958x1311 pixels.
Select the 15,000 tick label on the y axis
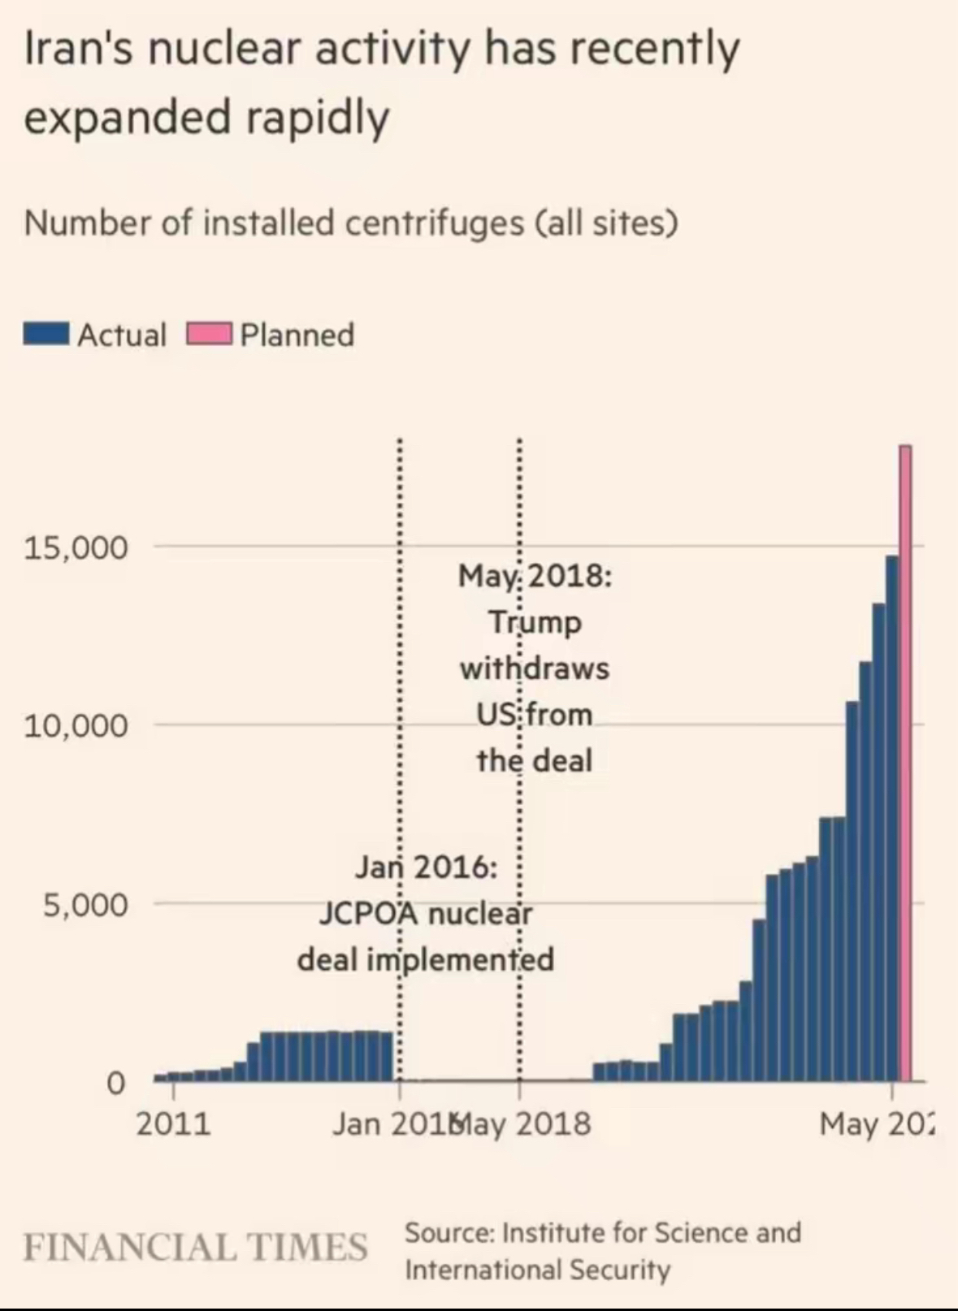pos(76,547)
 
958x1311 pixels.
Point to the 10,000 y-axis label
pos(76,725)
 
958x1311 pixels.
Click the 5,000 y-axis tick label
pos(85,904)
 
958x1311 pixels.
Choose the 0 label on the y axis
pos(116,1083)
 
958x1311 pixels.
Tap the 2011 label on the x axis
pos(172,1124)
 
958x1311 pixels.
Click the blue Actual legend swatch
pos(46,334)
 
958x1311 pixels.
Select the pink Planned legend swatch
pos(210,334)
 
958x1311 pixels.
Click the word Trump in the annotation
pos(535,622)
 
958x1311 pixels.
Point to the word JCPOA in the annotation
pos(367,914)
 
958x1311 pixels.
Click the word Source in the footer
pos(449,1233)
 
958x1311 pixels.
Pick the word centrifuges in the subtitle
pos(434,223)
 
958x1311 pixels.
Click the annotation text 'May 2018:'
pos(535,576)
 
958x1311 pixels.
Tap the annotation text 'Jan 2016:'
pos(425,868)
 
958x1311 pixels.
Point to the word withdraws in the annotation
pos(535,668)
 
